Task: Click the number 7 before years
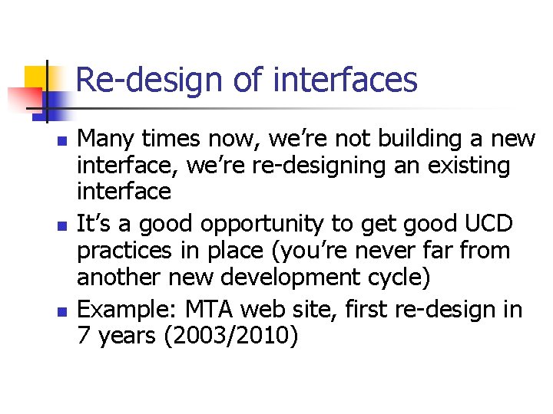(84, 336)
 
